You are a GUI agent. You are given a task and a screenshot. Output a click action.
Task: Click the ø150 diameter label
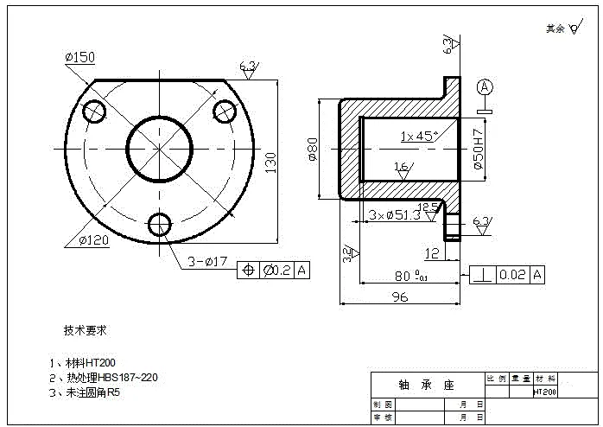point(79,57)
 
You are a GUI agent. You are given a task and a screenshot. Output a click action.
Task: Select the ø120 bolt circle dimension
point(92,240)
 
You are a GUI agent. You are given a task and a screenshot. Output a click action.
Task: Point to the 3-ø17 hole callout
point(206,260)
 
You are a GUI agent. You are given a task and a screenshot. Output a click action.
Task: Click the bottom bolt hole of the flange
point(159,224)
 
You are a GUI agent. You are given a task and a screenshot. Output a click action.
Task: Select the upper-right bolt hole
point(225,111)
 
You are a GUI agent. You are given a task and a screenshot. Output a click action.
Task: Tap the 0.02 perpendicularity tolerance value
point(512,275)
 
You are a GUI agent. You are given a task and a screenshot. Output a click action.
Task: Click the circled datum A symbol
point(485,86)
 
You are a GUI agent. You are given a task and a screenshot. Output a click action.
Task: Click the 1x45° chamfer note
point(419,136)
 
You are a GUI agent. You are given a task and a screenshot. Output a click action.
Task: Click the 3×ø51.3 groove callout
point(393,214)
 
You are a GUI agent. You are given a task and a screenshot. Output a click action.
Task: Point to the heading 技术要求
point(85,330)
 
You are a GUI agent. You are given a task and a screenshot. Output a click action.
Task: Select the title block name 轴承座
point(426,385)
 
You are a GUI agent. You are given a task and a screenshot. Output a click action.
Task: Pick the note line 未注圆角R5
point(90,392)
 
